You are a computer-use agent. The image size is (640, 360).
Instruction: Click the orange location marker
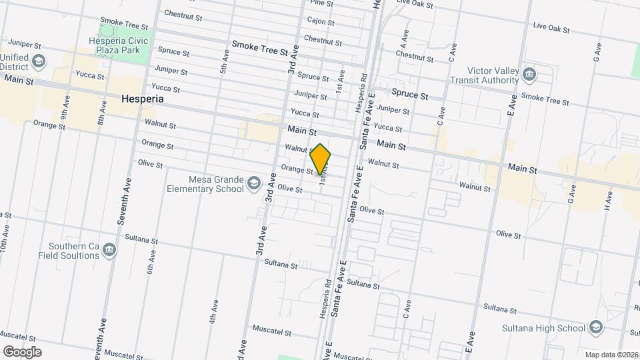[321, 159]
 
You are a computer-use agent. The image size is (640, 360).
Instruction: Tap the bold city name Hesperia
[143, 99]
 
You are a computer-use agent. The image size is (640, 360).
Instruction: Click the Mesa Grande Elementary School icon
[253, 183]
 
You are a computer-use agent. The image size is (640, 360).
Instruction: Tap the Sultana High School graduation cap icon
[595, 327]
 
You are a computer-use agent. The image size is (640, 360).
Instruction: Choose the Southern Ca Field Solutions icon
[110, 251]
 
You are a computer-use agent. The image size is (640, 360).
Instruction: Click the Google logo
[22, 351]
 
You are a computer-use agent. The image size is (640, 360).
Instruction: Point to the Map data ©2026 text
[611, 355]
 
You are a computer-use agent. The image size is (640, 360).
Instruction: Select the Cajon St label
[321, 21]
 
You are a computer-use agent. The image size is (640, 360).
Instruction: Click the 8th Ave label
[102, 115]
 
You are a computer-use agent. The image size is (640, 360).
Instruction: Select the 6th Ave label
[151, 261]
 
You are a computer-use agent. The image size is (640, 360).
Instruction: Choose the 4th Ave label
[214, 311]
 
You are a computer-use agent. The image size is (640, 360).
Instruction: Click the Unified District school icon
[38, 62]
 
